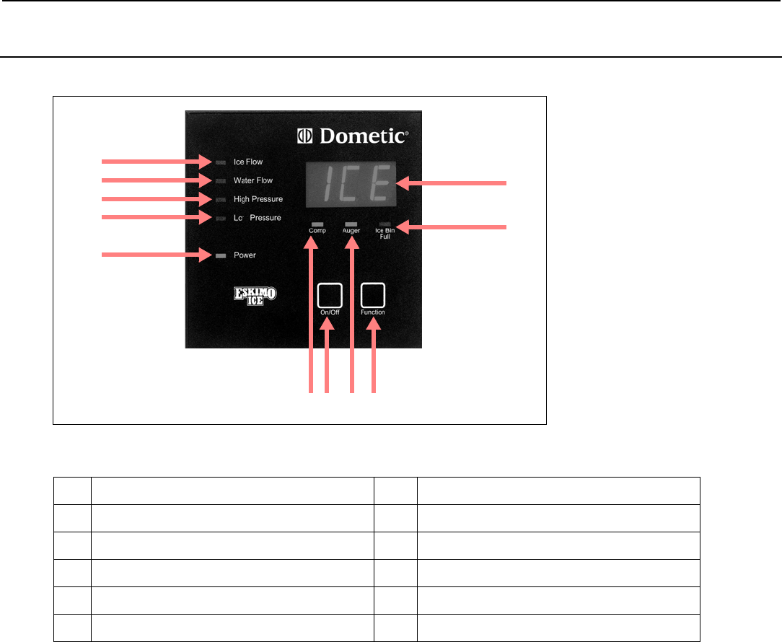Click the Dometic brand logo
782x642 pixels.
point(353,136)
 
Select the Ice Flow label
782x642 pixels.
point(248,162)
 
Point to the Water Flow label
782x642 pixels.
point(252,180)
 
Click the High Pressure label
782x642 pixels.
point(258,199)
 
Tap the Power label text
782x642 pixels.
point(245,255)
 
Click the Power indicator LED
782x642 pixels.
point(220,255)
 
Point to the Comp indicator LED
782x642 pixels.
point(317,224)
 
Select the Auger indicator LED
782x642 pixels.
point(351,224)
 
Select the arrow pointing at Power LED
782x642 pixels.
point(155,255)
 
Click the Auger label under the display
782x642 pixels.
point(351,232)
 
